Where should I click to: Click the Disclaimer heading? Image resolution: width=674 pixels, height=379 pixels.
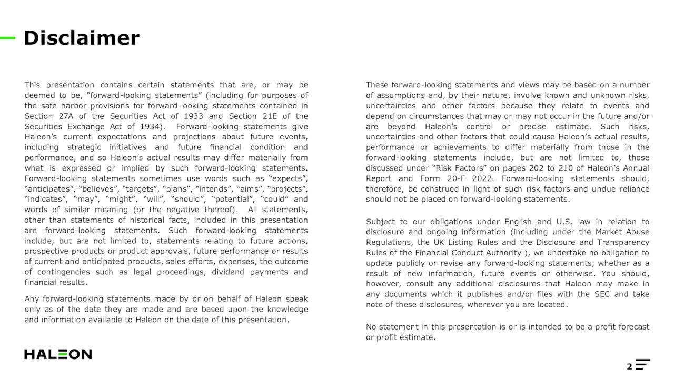[x=82, y=38]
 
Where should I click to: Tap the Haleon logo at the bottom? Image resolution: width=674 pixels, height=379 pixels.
[x=58, y=354]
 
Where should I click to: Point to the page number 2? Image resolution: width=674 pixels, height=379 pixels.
[x=629, y=366]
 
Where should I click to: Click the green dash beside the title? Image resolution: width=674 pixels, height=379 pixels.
[x=8, y=38]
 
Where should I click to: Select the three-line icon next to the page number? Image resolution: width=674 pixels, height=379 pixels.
[x=643, y=365]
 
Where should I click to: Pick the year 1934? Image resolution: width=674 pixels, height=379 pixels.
[x=151, y=126]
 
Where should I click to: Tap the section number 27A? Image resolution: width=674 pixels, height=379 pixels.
[x=68, y=116]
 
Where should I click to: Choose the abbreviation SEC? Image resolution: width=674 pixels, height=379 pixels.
[x=603, y=294]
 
